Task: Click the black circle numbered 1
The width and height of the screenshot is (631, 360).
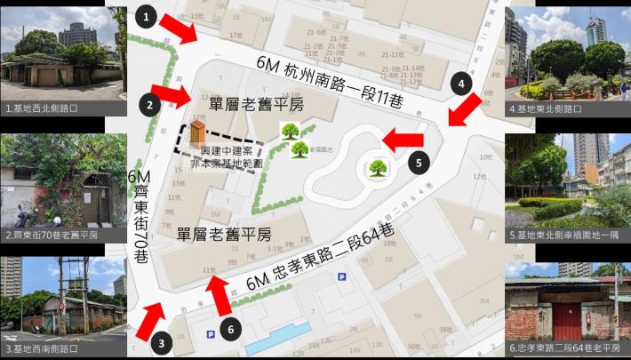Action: point(148,16)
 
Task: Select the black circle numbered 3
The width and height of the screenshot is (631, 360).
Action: point(161,340)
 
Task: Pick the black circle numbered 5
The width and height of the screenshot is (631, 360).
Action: point(420,162)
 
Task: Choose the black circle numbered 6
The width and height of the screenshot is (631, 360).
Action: point(230,329)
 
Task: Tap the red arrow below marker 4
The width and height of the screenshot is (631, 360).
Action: point(464,111)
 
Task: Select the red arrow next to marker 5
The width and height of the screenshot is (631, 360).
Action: point(403,139)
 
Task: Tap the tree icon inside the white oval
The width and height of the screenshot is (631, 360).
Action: point(377,167)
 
